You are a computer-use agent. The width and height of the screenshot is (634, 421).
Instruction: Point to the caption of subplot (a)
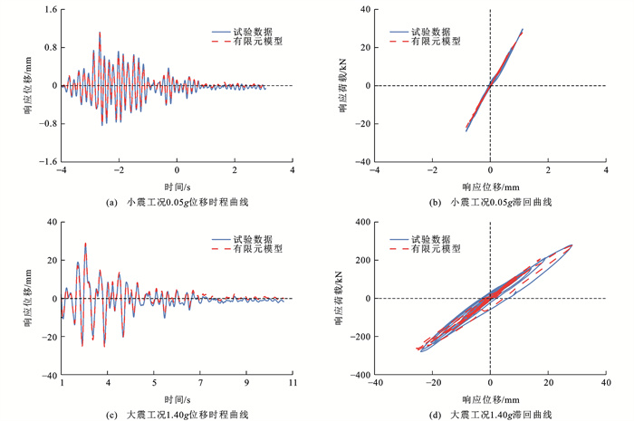(x=173, y=202)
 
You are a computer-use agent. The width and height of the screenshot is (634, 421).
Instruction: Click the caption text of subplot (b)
(x=489, y=202)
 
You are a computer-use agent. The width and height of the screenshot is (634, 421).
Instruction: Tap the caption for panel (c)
(x=173, y=414)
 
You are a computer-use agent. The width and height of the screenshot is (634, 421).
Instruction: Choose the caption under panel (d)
(x=489, y=414)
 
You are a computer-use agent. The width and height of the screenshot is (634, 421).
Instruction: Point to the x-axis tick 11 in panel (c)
(x=292, y=385)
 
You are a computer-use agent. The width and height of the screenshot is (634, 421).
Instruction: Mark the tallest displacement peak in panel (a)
(x=100, y=33)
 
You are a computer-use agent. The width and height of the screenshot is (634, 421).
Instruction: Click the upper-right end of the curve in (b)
(x=523, y=29)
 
